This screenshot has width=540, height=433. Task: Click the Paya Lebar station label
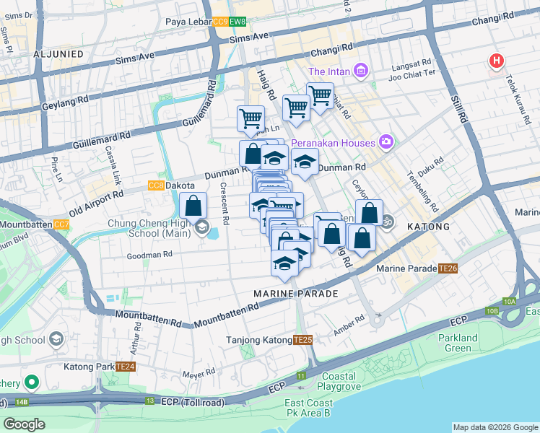(x=187, y=22)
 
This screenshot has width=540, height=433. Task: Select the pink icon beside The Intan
(x=362, y=71)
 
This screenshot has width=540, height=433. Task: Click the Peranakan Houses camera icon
(x=386, y=141)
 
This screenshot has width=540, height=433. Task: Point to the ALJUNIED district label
(x=58, y=54)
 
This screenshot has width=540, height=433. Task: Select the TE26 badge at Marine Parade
(x=448, y=269)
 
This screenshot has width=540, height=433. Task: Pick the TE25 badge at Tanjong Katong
(x=302, y=340)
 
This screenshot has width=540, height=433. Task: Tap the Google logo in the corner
(x=25, y=424)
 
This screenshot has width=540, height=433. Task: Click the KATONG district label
(x=429, y=227)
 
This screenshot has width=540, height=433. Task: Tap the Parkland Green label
(x=458, y=343)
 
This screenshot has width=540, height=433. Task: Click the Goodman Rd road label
(x=149, y=254)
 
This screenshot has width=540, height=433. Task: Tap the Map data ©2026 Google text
(x=495, y=427)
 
